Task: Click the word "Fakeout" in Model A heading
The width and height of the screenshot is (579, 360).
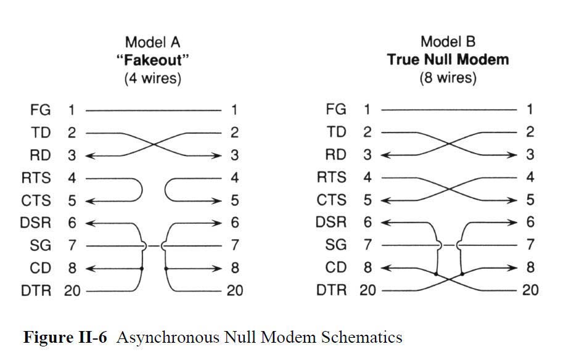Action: pyautogui.click(x=153, y=60)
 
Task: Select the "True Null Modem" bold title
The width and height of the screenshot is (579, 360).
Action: pyautogui.click(x=448, y=60)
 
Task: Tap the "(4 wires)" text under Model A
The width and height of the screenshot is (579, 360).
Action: pyautogui.click(x=153, y=78)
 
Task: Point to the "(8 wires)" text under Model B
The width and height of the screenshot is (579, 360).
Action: pyautogui.click(x=448, y=78)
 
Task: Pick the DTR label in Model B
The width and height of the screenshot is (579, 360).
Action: pyautogui.click(x=332, y=290)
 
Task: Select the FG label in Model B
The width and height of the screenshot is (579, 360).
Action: pyautogui.click(x=336, y=110)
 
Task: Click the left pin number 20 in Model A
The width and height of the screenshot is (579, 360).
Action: pyautogui.click(x=72, y=290)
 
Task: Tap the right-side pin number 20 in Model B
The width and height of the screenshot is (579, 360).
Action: pyautogui.click(x=530, y=290)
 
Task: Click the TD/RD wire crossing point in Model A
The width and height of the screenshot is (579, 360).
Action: pyautogui.click(x=154, y=144)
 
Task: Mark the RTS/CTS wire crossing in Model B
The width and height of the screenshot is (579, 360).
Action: pyautogui.click(x=449, y=189)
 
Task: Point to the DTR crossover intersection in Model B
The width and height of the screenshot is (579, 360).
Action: pyautogui.click(x=449, y=279)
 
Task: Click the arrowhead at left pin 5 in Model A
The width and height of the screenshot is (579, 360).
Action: pyautogui.click(x=89, y=201)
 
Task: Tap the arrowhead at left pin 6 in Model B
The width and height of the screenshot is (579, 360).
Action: pyautogui.click(x=385, y=223)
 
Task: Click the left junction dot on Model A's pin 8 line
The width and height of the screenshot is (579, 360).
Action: pyautogui.click(x=142, y=268)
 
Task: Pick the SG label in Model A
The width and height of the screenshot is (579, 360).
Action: pyautogui.click(x=40, y=245)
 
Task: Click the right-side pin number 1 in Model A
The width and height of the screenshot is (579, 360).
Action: pyautogui.click(x=234, y=110)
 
